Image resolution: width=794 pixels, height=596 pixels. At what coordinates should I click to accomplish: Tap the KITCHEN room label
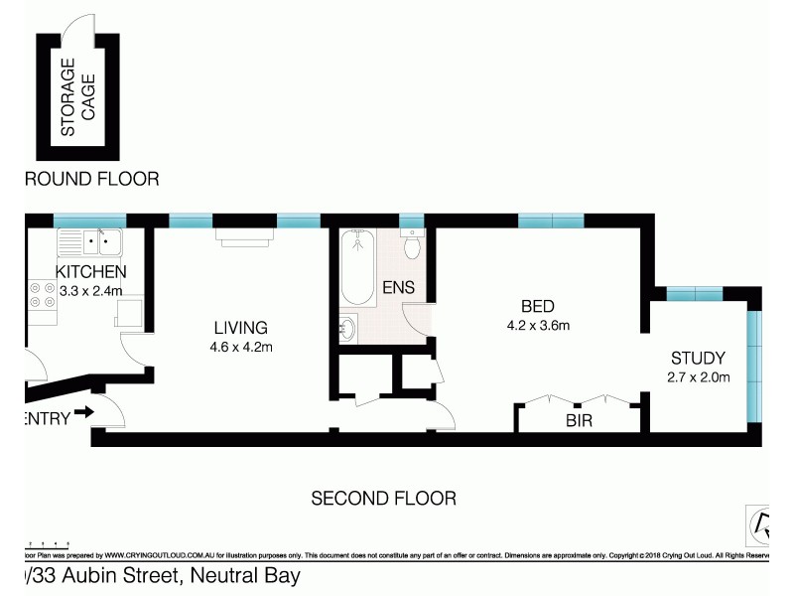pyautogui.click(x=90, y=271)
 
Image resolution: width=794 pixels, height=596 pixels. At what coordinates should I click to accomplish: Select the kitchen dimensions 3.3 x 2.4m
pyautogui.click(x=90, y=291)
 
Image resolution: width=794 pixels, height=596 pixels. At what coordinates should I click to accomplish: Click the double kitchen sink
pyautogui.click(x=89, y=241)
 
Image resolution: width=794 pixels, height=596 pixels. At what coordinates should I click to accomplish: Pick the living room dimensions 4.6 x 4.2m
pyautogui.click(x=242, y=347)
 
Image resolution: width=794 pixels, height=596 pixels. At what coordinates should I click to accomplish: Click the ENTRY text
pyautogui.click(x=46, y=419)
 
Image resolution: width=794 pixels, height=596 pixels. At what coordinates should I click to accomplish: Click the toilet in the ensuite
pyautogui.click(x=412, y=244)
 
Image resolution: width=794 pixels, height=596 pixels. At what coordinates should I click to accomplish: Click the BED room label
pyautogui.click(x=537, y=305)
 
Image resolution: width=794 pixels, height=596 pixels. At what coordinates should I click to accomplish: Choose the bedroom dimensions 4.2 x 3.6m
pyautogui.click(x=537, y=325)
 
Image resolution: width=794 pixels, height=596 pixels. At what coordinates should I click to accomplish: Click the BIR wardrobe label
pyautogui.click(x=579, y=420)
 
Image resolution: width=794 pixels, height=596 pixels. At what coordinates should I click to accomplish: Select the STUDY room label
pyautogui.click(x=698, y=358)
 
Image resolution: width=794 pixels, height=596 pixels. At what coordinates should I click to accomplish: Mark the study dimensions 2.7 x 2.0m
pyautogui.click(x=700, y=376)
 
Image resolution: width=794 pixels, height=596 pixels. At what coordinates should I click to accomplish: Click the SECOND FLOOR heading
pyautogui.click(x=383, y=498)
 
